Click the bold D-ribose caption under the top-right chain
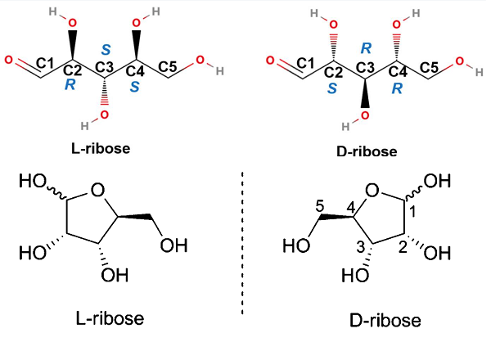tap(367, 151)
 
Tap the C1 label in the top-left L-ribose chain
tap(46, 63)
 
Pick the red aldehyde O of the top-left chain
tap(8, 61)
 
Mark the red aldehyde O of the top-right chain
tap(273, 61)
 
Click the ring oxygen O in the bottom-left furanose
tap(97, 194)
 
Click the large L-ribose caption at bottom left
tap(102, 317)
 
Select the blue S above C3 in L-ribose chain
tap(104, 49)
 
